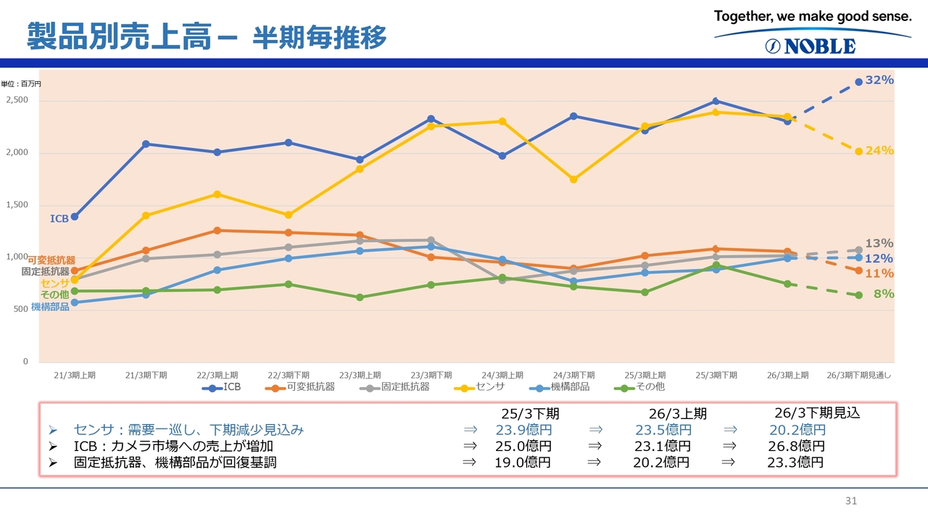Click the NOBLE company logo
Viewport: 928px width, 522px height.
click(811, 46)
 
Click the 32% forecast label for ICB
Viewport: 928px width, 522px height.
click(879, 80)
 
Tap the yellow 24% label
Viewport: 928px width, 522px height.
click(879, 151)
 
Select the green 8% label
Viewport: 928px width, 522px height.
click(883, 294)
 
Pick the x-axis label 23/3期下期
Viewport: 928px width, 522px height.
click(431, 375)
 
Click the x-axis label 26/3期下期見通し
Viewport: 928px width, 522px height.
click(858, 375)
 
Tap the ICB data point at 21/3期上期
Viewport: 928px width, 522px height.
click(74, 217)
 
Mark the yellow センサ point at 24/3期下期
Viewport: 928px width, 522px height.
click(573, 179)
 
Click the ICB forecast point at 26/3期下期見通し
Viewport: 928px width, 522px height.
click(858, 82)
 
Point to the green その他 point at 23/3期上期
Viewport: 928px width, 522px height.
click(360, 297)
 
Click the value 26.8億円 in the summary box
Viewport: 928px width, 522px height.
click(796, 446)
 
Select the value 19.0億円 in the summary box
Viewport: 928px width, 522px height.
click(522, 463)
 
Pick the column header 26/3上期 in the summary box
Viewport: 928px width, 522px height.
click(677, 414)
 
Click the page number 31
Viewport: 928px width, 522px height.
click(851, 501)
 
